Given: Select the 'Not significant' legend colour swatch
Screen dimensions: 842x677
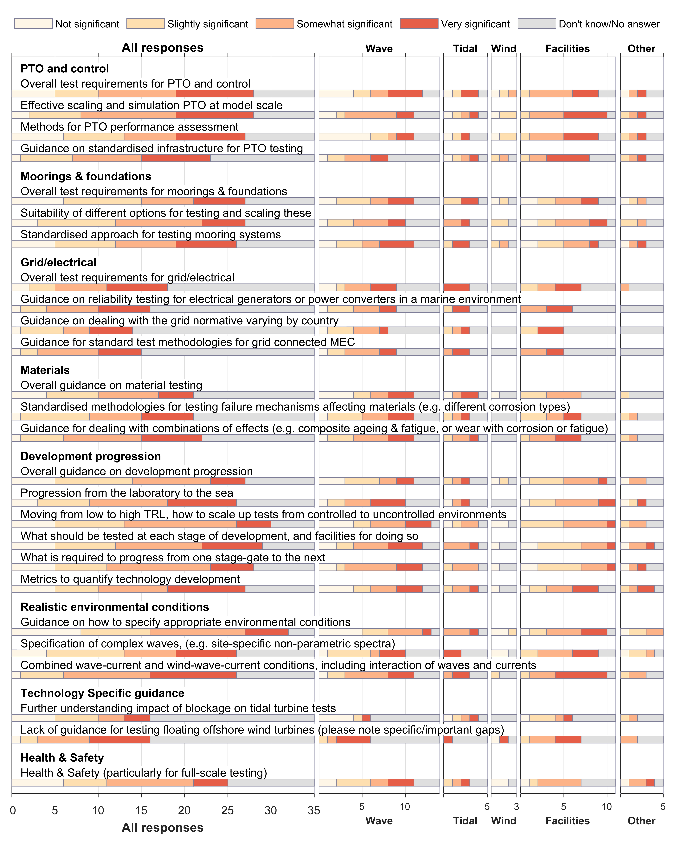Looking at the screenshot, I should click(x=34, y=24).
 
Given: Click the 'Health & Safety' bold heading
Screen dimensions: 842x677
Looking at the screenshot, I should click(x=62, y=758).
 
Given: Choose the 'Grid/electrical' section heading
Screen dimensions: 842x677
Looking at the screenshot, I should click(x=58, y=262).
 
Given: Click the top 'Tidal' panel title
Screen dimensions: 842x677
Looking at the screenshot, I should click(x=465, y=49).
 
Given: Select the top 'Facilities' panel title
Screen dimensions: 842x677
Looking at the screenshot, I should click(x=567, y=49).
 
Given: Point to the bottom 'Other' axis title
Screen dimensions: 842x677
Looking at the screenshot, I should click(x=641, y=821).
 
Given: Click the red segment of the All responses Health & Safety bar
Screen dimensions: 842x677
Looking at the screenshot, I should click(x=210, y=783).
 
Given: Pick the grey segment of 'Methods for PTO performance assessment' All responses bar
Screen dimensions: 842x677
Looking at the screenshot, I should click(x=280, y=137).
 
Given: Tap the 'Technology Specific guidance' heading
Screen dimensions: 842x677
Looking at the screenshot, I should click(x=102, y=693).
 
